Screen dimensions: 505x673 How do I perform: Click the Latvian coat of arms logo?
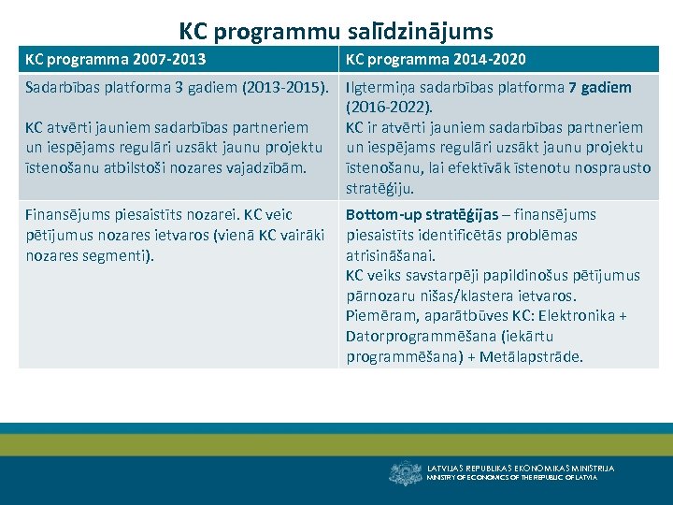pos(405,472)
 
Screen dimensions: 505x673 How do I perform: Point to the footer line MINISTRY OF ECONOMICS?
pos(512,478)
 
